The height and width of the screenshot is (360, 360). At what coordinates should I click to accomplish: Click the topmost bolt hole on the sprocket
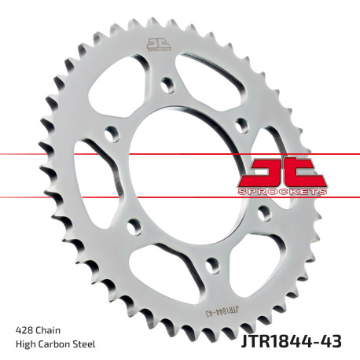[x=167, y=82]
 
